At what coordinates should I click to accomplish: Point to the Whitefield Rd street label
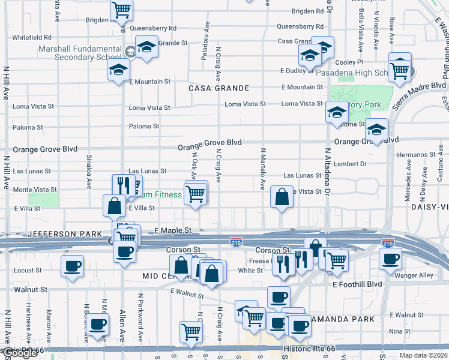click(32, 37)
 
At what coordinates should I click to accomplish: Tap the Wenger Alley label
click(418, 275)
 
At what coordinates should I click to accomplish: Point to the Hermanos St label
click(415, 155)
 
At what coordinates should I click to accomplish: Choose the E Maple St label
click(173, 230)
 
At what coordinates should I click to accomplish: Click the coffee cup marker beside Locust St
click(72, 265)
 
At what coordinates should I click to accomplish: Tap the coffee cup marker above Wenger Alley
click(390, 258)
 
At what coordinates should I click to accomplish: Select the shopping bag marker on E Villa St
click(114, 205)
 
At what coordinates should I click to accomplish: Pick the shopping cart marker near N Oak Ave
click(196, 193)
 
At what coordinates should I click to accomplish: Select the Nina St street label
click(400, 331)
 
